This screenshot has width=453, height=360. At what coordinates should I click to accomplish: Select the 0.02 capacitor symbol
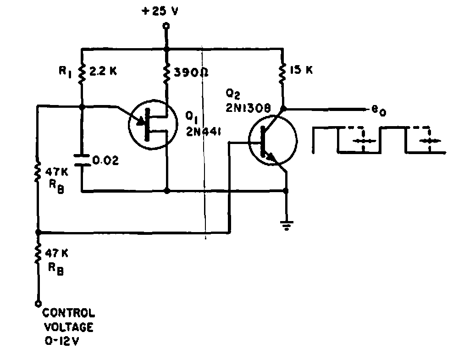pyautogui.click(x=82, y=161)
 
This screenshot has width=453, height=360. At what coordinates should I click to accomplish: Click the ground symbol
pyautogui.click(x=286, y=225)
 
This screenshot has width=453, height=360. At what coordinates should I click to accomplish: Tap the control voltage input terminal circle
pyautogui.click(x=38, y=303)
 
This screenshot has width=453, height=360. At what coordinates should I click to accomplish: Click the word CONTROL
pyautogui.click(x=69, y=315)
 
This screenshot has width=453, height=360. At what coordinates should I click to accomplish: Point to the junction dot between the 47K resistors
pyautogui.click(x=38, y=233)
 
